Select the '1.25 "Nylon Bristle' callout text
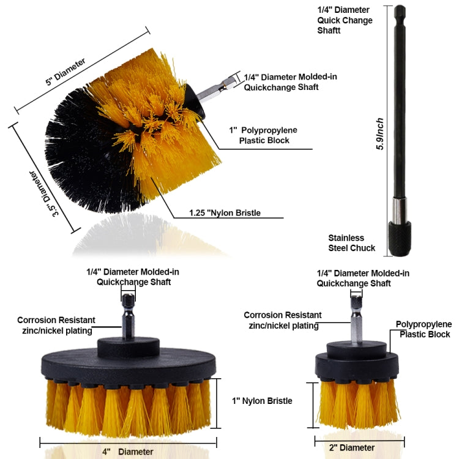225,213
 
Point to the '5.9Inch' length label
381,135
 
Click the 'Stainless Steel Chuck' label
346,243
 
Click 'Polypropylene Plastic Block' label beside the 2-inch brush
424,329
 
